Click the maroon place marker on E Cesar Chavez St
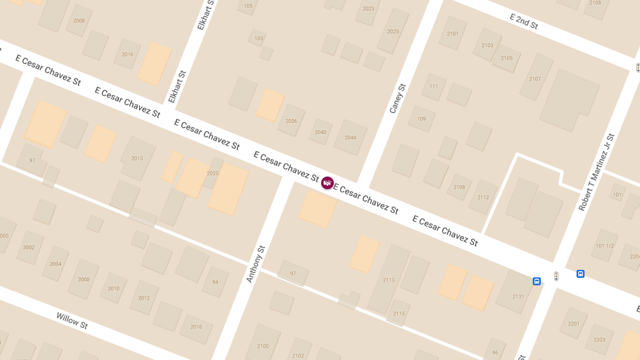tap(327, 183)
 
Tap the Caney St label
tap(398, 99)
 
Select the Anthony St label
tap(255, 264)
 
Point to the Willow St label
tap(72, 321)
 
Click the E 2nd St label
tap(524, 21)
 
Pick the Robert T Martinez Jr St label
tap(597, 172)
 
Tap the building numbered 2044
tap(350, 138)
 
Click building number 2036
tap(291, 121)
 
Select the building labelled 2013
tap(137, 158)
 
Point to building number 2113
tap(389, 280)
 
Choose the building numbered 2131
tap(518, 297)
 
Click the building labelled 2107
tap(535, 79)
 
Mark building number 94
tap(215, 282)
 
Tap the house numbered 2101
tap(452, 34)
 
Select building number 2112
tap(483, 197)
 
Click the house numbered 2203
tap(599, 340)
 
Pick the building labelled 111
tap(434, 86)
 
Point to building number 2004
tap(55, 264)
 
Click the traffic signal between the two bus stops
tap(556, 276)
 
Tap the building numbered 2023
tap(369, 9)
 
